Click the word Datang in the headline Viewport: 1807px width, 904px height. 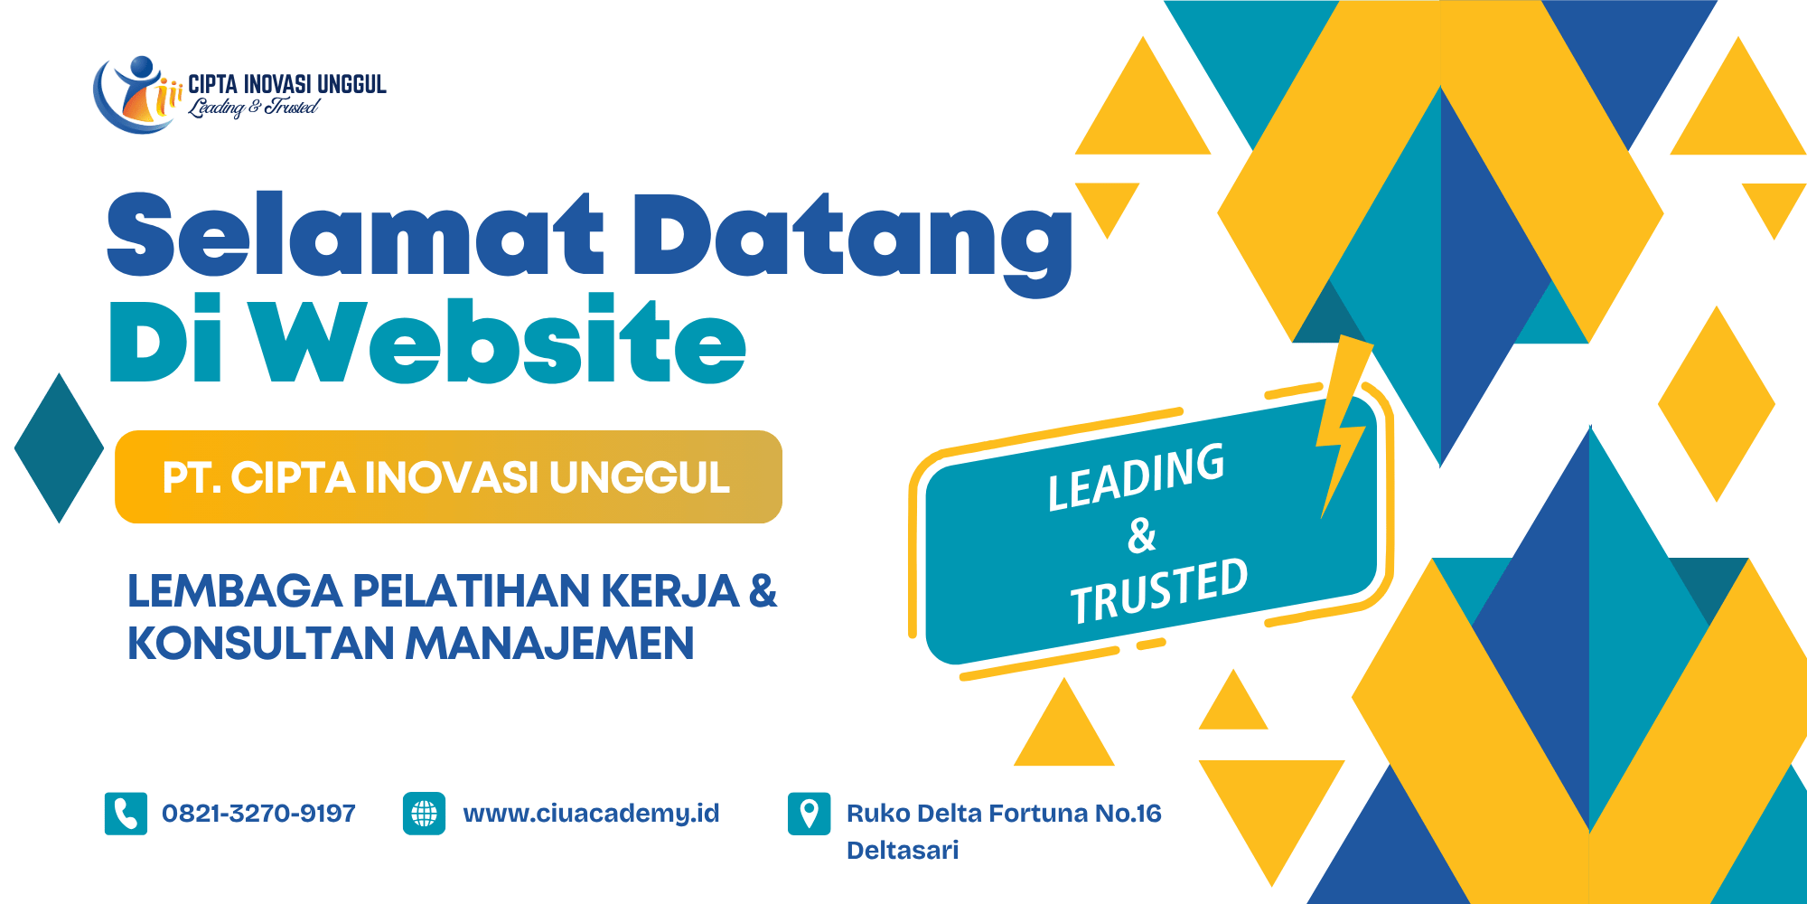(x=853, y=242)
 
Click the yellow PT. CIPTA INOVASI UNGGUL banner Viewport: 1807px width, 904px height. (x=448, y=476)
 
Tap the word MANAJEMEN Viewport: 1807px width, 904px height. (x=549, y=644)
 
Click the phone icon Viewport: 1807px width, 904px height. (x=126, y=814)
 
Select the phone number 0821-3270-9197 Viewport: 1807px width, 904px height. (x=258, y=814)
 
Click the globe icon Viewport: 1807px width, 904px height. (x=424, y=814)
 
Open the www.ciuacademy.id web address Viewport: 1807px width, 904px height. (x=591, y=814)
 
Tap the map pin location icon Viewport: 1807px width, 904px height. (x=809, y=814)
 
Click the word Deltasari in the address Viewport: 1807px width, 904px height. (x=903, y=850)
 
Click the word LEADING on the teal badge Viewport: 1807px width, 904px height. (x=1137, y=476)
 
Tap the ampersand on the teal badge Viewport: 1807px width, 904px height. (x=1142, y=535)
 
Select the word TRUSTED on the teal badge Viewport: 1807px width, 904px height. (x=1159, y=591)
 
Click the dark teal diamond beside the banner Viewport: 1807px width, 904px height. (x=60, y=447)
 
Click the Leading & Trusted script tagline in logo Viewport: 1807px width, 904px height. (x=253, y=108)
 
